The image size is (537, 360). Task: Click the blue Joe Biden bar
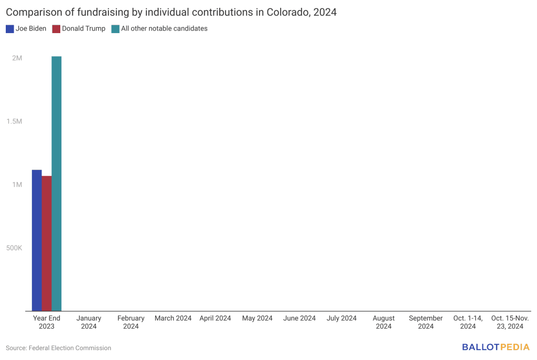click(x=37, y=240)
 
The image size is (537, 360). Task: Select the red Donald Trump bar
click(x=47, y=243)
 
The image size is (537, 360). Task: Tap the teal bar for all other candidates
click(x=57, y=183)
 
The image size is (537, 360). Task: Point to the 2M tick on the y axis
click(x=17, y=58)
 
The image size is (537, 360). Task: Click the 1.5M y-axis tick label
click(x=15, y=121)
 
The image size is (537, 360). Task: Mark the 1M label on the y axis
click(x=17, y=185)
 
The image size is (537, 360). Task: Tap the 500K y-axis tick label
click(x=14, y=248)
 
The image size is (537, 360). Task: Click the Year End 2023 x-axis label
click(x=47, y=322)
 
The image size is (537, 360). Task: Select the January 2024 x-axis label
click(x=89, y=322)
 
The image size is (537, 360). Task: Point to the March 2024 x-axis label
click(x=173, y=318)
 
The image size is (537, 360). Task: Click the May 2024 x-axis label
click(x=257, y=318)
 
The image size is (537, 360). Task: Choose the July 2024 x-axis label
click(x=341, y=318)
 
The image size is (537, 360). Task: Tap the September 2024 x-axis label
click(x=426, y=322)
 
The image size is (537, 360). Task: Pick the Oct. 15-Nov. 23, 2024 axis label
click(x=510, y=322)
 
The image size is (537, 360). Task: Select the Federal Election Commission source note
click(x=59, y=348)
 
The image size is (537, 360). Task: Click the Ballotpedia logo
click(x=496, y=347)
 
